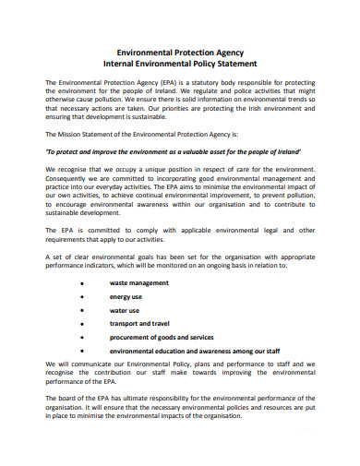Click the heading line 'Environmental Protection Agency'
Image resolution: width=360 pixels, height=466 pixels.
179,53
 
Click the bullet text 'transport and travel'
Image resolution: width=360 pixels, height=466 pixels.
141,324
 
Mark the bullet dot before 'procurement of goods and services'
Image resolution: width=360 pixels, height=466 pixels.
83,338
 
